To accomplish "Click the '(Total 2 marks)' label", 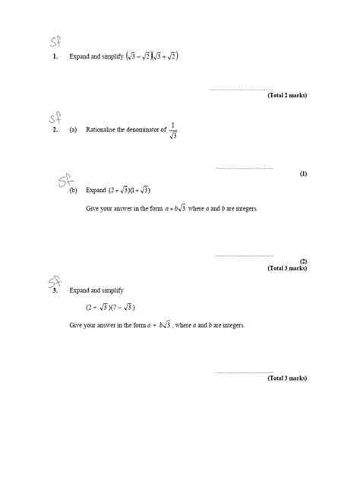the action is [x=287, y=96].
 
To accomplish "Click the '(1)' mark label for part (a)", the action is [x=303, y=174].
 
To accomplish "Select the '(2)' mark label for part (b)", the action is [x=303, y=261].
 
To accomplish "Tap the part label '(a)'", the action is [x=73, y=130].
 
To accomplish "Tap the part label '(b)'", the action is [x=74, y=190].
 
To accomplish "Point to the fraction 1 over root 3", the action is [x=173, y=130].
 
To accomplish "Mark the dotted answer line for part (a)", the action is [x=244, y=168].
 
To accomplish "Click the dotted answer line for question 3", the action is [x=244, y=372].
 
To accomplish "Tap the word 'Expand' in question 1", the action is [x=79, y=56].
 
